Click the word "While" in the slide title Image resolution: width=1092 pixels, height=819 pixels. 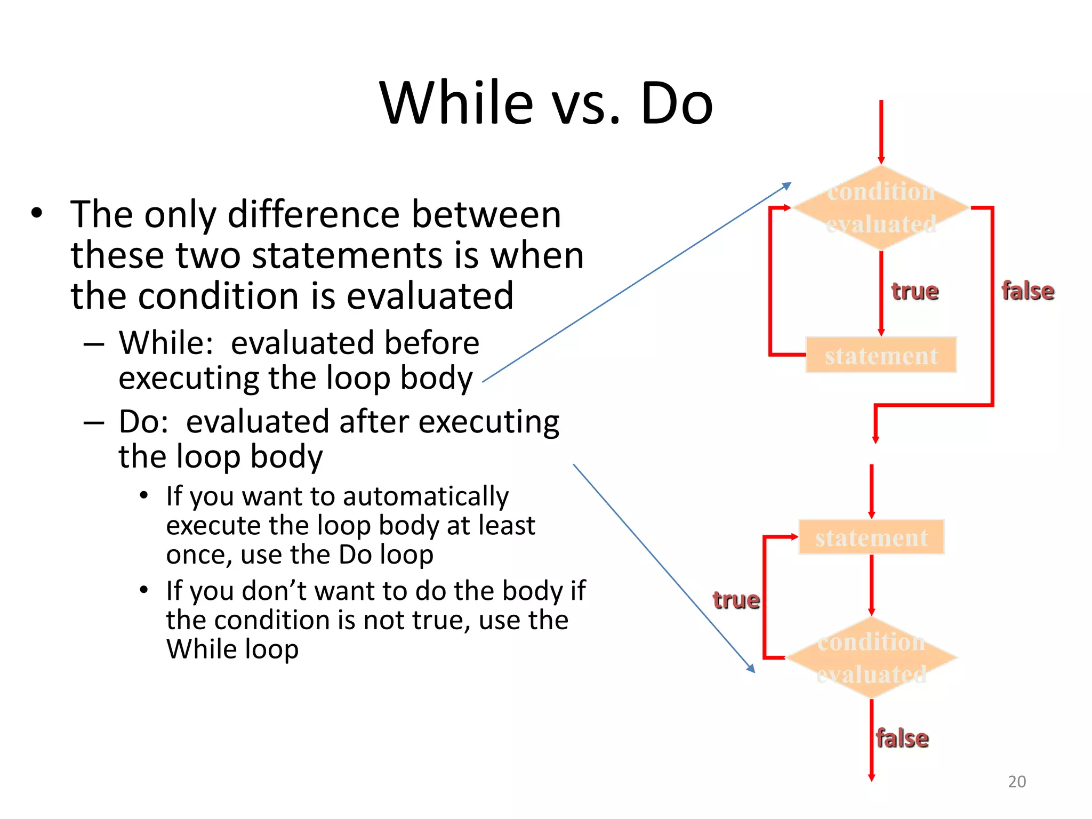coord(456,102)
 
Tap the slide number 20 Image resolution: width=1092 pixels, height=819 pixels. coord(1017,781)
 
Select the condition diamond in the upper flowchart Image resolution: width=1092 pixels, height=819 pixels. coord(881,207)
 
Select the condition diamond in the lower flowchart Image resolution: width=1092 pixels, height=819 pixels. coord(871,657)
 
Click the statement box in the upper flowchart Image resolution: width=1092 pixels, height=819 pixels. coord(881,355)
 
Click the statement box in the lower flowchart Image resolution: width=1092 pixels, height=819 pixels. coord(871,537)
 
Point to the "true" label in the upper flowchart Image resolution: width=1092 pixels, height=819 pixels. coord(915,291)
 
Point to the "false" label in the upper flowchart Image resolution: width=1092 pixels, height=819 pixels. coord(1027,291)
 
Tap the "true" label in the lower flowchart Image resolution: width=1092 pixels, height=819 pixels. coord(736,600)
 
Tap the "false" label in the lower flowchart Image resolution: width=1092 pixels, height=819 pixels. coord(902,738)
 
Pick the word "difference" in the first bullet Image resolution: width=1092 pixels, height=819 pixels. coord(314,214)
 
